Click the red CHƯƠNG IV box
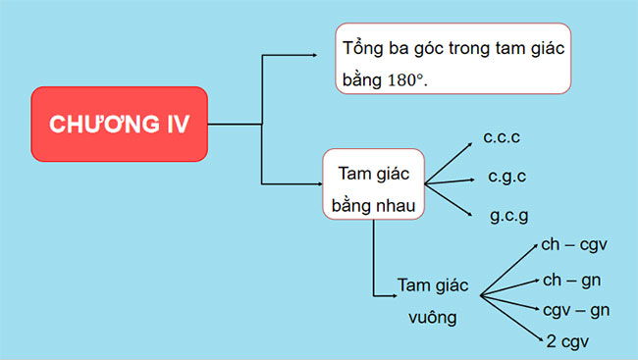(120, 125)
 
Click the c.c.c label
(503, 140)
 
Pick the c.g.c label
(507, 178)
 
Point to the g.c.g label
(509, 215)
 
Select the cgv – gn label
(576, 310)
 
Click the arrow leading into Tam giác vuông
(383, 293)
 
